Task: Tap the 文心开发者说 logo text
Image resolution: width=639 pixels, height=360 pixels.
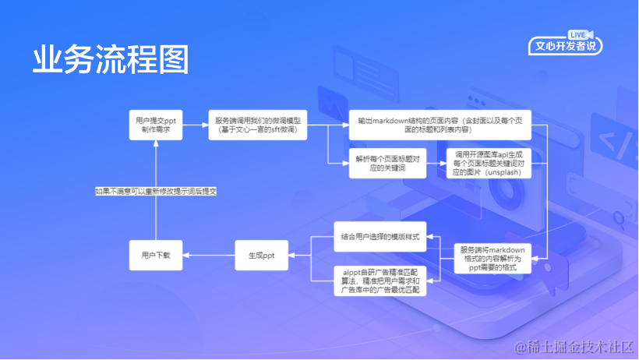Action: pyautogui.click(x=565, y=47)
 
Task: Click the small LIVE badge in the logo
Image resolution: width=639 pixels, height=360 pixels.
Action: pyautogui.click(x=577, y=35)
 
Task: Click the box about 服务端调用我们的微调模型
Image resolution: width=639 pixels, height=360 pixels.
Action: pyautogui.click(x=258, y=127)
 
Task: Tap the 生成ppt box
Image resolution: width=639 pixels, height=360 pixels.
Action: pyautogui.click(x=261, y=255)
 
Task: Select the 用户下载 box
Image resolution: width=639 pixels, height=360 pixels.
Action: pyautogui.click(x=156, y=255)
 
